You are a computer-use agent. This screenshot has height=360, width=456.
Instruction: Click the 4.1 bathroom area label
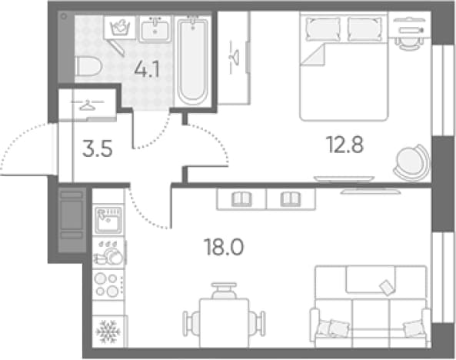point(147,70)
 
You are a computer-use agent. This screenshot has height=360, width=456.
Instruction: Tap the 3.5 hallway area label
point(97,148)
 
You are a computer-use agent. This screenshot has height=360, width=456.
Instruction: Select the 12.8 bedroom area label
point(345,145)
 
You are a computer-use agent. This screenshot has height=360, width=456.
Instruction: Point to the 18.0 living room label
point(224,247)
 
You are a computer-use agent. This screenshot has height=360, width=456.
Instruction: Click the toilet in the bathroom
point(88,66)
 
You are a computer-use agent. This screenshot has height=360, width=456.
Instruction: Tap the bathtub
point(193,61)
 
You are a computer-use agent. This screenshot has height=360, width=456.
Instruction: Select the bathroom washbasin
point(155,29)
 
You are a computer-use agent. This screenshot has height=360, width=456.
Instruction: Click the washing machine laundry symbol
point(119,28)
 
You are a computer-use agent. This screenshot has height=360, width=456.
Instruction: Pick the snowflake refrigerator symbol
point(108,332)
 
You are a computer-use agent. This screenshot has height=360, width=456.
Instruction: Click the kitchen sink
point(108,220)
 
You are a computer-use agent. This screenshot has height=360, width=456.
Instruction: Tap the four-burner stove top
point(107,285)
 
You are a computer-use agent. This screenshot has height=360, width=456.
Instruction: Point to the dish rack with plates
point(108,252)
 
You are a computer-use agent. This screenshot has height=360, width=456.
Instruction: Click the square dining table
point(224,323)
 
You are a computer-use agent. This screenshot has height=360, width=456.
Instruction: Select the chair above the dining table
point(224,291)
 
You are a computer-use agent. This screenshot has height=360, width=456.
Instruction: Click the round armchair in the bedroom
point(412,162)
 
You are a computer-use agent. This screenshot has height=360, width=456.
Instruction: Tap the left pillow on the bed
point(323,29)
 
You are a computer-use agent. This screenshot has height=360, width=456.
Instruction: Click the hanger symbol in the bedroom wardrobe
point(234,58)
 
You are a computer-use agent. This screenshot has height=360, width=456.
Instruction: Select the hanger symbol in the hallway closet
point(87,105)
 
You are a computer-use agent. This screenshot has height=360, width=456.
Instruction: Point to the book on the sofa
point(387,287)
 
